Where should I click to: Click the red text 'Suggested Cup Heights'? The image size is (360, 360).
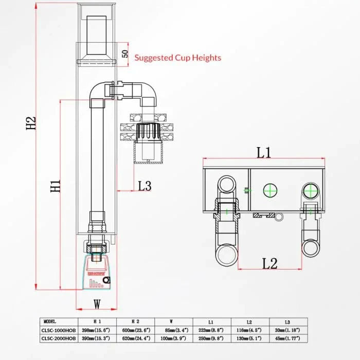[177, 58]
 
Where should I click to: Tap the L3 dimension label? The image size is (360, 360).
[145, 186]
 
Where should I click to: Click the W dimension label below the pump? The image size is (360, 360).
[97, 303]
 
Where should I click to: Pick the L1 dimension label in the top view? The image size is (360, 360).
[264, 153]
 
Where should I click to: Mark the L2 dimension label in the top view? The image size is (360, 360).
[270, 264]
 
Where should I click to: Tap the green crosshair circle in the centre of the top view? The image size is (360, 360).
[270, 190]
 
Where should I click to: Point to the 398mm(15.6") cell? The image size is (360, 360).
[97, 330]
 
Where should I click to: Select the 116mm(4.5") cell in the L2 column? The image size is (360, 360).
[251, 330]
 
